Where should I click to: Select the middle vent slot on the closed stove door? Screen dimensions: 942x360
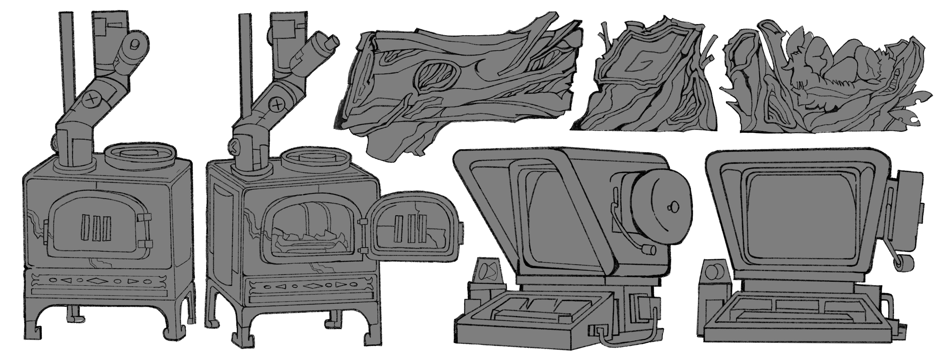[x=96, y=228]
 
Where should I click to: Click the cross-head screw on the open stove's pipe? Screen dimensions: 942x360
[x=278, y=104]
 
